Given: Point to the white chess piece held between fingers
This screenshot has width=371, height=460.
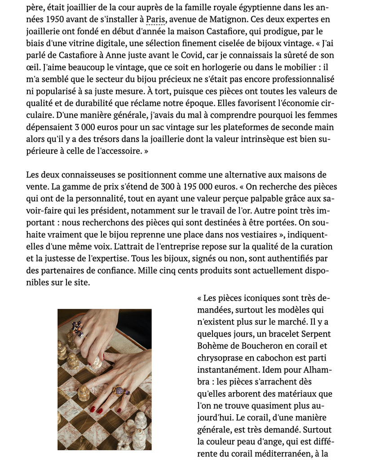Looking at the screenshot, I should [96, 363].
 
